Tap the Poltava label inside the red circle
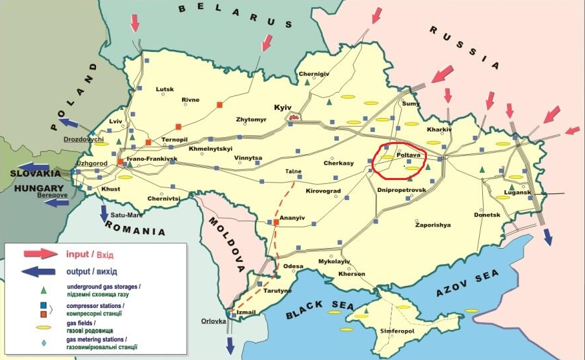tap(408, 155)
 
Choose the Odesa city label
tap(294, 266)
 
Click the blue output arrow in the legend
tap(41, 271)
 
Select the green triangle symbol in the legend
tap(43, 290)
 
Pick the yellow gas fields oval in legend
tap(43, 327)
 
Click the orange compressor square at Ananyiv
tap(275, 222)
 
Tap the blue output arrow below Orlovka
tap(230, 345)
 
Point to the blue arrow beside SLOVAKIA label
tap(33, 167)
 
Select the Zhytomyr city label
tap(251, 119)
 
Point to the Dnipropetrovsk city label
tap(401, 190)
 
